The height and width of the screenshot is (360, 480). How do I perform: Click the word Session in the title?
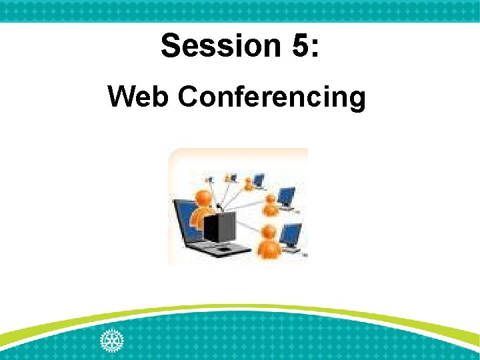(x=211, y=46)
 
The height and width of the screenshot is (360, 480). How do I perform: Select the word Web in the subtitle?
(x=138, y=97)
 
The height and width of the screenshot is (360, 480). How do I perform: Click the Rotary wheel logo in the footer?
(x=111, y=341)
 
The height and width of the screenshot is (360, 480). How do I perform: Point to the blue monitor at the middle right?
(x=286, y=196)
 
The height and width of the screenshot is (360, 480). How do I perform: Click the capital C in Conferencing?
(x=189, y=97)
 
